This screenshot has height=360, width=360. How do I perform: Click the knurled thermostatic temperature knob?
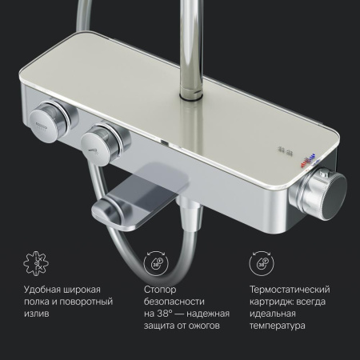(x=319, y=193)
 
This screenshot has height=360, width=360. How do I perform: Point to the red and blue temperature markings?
(x=308, y=161)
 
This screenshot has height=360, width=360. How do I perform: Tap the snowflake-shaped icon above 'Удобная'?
(x=36, y=263)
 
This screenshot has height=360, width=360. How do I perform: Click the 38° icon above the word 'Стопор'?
(x=156, y=263)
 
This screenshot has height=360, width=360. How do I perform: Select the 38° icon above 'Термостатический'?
(x=262, y=263)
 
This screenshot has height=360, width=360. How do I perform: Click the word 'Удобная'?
(x=40, y=290)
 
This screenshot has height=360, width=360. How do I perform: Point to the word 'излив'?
(x=37, y=314)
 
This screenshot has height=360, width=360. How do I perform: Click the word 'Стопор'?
(x=160, y=290)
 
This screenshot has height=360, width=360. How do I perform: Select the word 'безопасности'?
(x=174, y=302)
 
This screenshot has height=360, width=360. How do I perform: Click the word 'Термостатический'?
(x=290, y=290)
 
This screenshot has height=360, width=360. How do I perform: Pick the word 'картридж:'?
(x=272, y=302)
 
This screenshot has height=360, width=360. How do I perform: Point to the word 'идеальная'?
(x=273, y=314)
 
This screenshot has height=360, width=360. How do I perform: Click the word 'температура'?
(x=278, y=326)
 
